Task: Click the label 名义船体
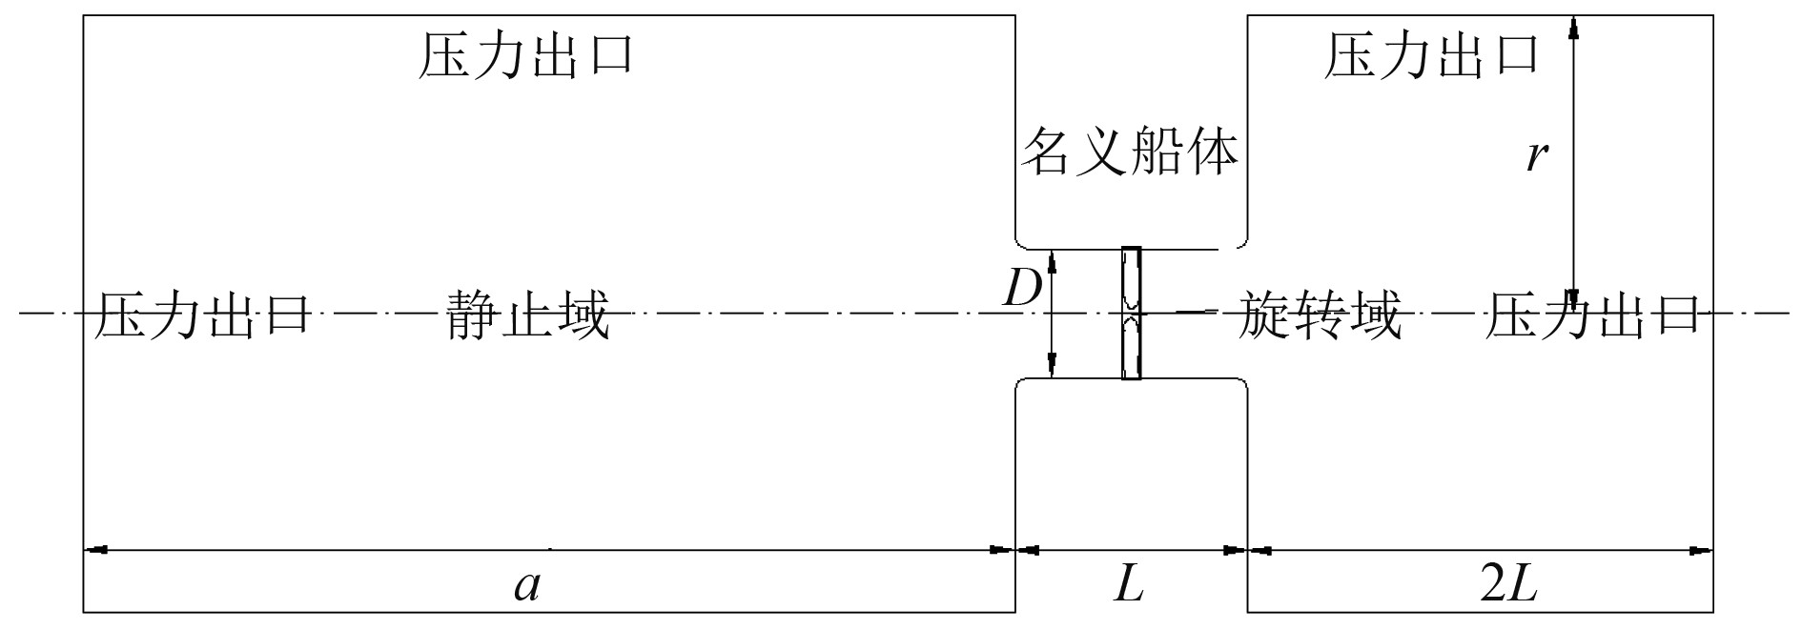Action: point(1130,152)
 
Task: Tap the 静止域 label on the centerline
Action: point(527,315)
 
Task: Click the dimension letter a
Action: point(527,585)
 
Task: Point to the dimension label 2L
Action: point(1508,585)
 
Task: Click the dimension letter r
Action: point(1534,154)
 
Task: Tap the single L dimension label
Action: point(1129,585)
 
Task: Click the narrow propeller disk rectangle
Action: point(1131,314)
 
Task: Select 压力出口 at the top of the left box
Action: point(527,55)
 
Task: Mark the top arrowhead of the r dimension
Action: point(1573,28)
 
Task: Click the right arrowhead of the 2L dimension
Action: point(1702,550)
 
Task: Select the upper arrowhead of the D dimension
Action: point(1052,260)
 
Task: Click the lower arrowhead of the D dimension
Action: point(1052,367)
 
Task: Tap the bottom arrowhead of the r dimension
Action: point(1573,297)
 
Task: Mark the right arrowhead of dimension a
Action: point(1003,550)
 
